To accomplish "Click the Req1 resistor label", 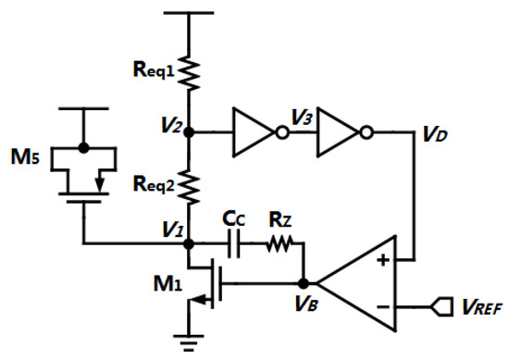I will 153,68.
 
